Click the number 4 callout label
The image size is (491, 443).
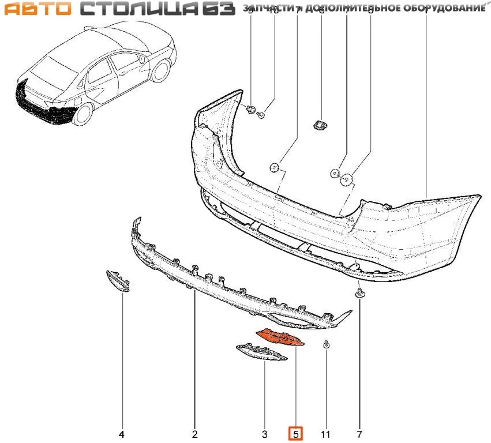pos(122,434)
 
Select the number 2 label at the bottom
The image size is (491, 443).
pos(194,434)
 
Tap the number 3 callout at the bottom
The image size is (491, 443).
pos(265,434)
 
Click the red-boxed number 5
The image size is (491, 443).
pos(295,433)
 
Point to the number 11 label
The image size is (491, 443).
pos(326,434)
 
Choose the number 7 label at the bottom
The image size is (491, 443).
pos(359,434)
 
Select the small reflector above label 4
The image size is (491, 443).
pos(117,280)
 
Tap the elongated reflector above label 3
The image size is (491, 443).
pos(261,352)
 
